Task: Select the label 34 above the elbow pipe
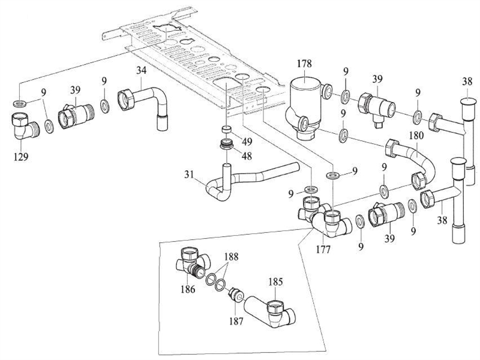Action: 142,71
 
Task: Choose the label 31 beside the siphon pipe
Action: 190,175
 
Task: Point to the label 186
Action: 188,289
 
